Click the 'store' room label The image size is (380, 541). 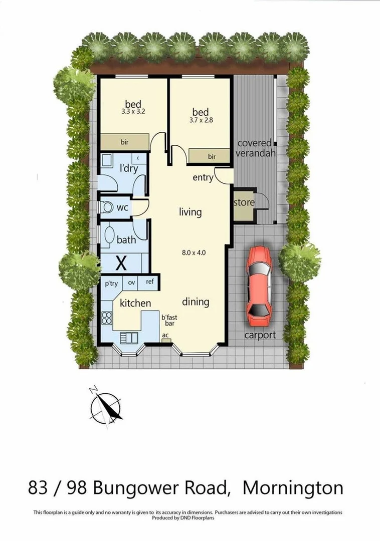[x=244, y=203]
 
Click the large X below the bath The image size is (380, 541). [x=121, y=261]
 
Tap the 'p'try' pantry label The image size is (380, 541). [x=111, y=283]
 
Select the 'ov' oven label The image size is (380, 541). [x=132, y=283]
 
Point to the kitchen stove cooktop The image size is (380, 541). [x=107, y=318]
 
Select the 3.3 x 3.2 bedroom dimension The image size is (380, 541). [x=133, y=112]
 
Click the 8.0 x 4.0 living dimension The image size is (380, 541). [x=193, y=252]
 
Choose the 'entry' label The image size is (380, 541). [x=203, y=178]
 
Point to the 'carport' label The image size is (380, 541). [x=260, y=335]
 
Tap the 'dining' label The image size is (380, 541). [x=195, y=302]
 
